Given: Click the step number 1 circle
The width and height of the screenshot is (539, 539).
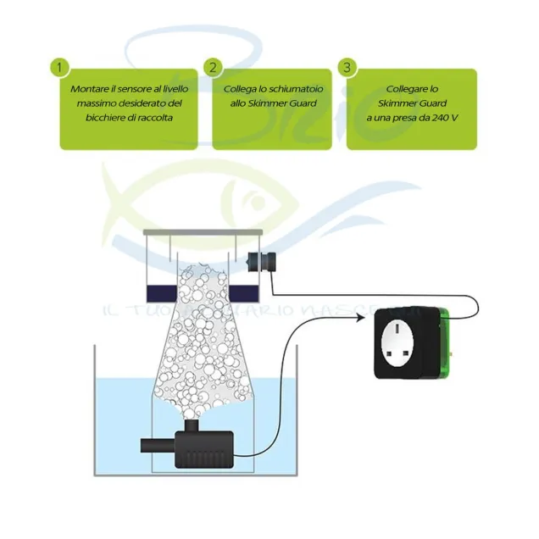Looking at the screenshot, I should (58, 66).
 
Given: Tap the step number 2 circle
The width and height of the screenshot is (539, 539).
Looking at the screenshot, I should (213, 66).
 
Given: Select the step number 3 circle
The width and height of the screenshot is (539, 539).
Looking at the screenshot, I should (345, 66).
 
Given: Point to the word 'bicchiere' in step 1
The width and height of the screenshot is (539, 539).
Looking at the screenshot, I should (95, 118).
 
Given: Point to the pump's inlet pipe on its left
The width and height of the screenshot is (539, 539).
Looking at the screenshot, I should (157, 446).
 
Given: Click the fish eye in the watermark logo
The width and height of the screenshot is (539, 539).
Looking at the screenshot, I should (252, 203).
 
